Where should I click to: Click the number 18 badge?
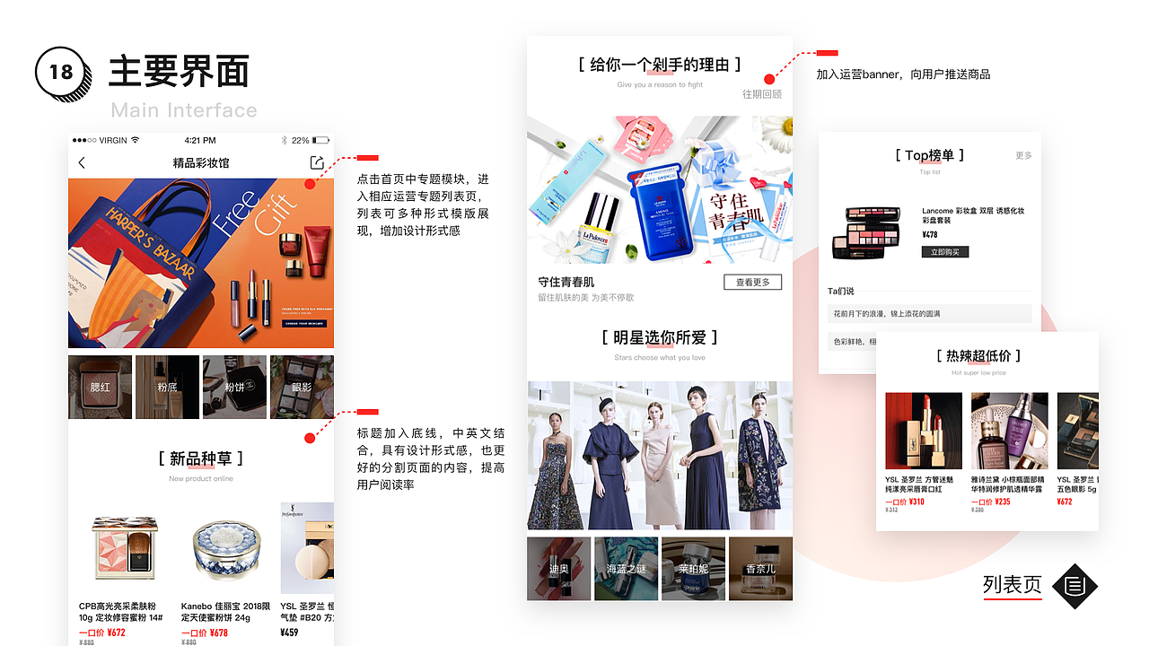61,71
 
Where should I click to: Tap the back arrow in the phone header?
82,162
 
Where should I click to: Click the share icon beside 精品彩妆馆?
316,162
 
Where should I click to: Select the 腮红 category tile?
100,387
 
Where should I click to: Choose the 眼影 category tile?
302,387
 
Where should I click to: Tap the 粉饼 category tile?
234,387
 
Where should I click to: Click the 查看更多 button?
752,283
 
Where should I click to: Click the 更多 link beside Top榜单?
1023,156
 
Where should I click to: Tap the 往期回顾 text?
761,94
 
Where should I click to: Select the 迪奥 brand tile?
558,569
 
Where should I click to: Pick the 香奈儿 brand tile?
760,569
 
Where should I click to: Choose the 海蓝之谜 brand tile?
626,569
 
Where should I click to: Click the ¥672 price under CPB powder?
116,633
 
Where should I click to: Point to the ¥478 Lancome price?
930,235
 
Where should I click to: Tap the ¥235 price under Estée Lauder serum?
1002,502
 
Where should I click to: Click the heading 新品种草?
200,458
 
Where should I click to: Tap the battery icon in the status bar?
320,141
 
